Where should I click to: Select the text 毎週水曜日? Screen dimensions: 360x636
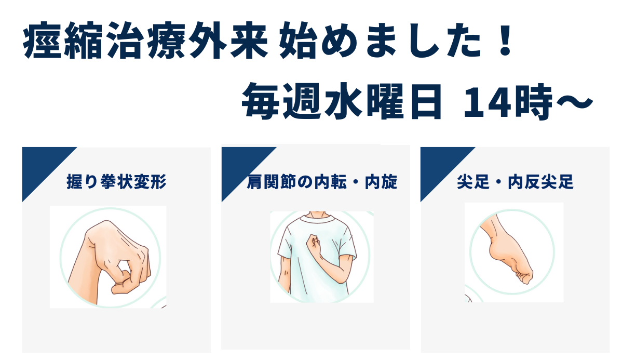click(x=343, y=101)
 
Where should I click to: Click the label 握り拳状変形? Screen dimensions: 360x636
click(x=117, y=182)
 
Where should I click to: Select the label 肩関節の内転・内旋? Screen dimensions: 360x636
click(x=322, y=182)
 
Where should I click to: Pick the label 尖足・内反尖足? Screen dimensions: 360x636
click(x=515, y=182)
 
